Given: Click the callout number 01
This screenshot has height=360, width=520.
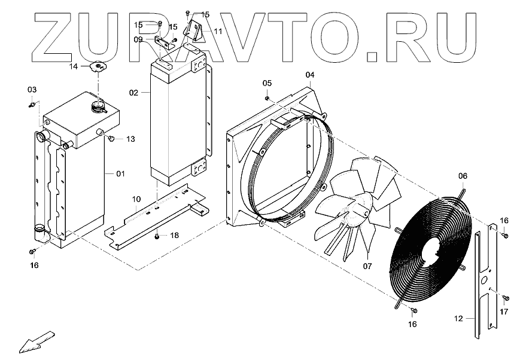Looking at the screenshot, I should (120, 174).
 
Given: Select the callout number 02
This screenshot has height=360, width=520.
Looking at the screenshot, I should (133, 93).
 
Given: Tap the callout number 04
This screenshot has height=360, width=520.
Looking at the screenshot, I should (309, 75).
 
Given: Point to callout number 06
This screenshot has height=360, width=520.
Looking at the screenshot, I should (463, 176).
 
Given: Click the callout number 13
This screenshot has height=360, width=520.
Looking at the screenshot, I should (130, 139).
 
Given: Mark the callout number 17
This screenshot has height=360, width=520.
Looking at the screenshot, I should (504, 312).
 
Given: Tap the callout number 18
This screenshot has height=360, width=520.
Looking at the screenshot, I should (174, 236).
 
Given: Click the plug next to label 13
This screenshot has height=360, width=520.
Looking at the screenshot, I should (111, 139).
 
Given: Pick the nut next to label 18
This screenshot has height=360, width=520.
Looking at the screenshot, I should (157, 237).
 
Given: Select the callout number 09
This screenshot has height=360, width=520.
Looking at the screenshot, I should (138, 39).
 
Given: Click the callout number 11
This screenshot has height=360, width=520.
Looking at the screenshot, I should (217, 30).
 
